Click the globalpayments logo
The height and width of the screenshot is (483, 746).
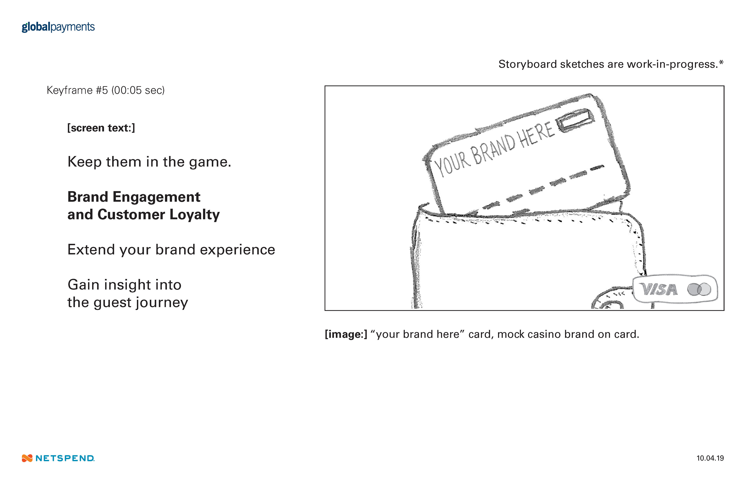click(58, 27)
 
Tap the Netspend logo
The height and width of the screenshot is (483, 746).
click(58, 458)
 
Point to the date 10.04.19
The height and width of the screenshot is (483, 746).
click(710, 458)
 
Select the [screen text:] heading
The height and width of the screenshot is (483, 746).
click(101, 128)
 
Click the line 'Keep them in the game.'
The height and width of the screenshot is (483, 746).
click(149, 162)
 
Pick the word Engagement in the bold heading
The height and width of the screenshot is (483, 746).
click(156, 197)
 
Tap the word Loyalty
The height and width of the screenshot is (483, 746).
click(194, 215)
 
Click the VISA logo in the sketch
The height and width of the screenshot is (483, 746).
click(658, 289)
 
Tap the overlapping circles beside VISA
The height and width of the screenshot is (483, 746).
click(699, 289)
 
